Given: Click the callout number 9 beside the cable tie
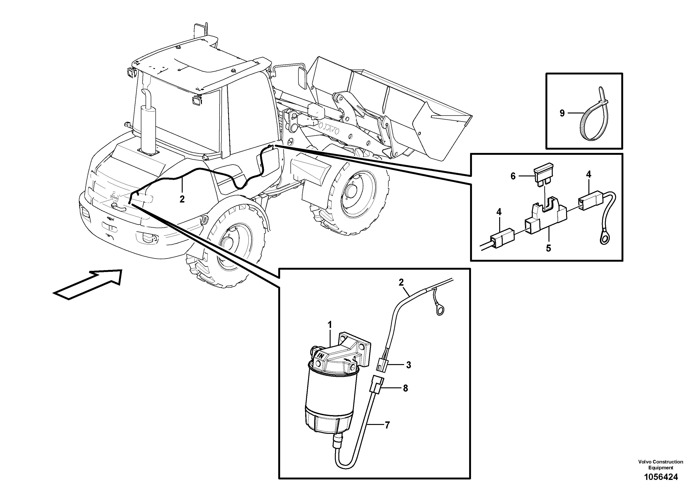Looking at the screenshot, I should [562, 113].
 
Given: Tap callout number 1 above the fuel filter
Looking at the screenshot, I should [329, 325].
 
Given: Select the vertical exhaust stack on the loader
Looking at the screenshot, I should [148, 122].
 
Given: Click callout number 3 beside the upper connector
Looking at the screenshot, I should [408, 365].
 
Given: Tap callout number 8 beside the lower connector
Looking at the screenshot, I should [405, 388].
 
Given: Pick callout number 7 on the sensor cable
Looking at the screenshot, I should [387, 425].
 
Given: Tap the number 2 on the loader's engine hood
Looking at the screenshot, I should [182, 199].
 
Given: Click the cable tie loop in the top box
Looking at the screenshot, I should [594, 122].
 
